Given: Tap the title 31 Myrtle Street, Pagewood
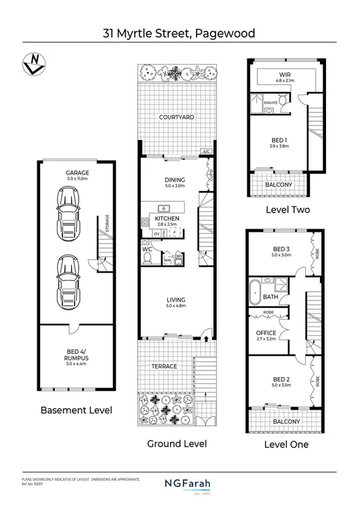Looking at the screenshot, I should coord(179,32).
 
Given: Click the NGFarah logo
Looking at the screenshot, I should coord(180,484).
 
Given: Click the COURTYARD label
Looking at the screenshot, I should coord(177,117).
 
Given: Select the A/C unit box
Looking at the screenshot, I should coord(206,152).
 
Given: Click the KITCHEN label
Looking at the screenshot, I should coord(167,219).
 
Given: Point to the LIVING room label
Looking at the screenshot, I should coord(176,300).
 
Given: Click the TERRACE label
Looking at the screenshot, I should coord(164,366).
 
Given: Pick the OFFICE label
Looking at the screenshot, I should coord(257,332).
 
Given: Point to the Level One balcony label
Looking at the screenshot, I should coord(283,421).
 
